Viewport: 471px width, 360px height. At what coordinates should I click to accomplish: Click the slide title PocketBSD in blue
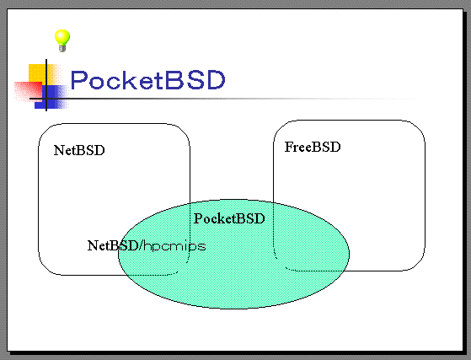(x=147, y=80)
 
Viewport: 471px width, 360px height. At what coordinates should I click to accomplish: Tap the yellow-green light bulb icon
(x=62, y=40)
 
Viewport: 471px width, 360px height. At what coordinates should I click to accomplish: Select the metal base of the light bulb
(x=62, y=48)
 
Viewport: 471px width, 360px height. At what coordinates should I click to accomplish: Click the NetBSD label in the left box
(x=79, y=150)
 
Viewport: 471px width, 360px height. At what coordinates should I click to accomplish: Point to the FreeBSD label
(x=313, y=147)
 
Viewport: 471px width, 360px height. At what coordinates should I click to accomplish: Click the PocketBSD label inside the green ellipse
(x=229, y=218)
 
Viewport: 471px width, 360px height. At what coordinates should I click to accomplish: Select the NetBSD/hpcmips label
(x=147, y=245)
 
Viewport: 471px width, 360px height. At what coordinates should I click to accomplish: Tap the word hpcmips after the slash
(x=174, y=246)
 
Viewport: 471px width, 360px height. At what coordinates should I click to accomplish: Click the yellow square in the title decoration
(x=37, y=73)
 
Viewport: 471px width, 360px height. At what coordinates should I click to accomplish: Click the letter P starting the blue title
(x=78, y=80)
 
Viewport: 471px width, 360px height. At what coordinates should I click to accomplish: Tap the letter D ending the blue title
(x=216, y=80)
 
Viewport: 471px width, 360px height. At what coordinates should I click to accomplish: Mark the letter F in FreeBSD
(x=289, y=147)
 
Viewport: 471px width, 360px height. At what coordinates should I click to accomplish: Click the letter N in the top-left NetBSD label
(x=59, y=150)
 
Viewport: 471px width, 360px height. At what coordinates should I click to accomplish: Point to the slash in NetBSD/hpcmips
(x=141, y=245)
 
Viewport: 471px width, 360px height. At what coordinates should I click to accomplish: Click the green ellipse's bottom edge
(x=233, y=309)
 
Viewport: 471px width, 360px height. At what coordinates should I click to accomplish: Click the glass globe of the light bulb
(x=62, y=37)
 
